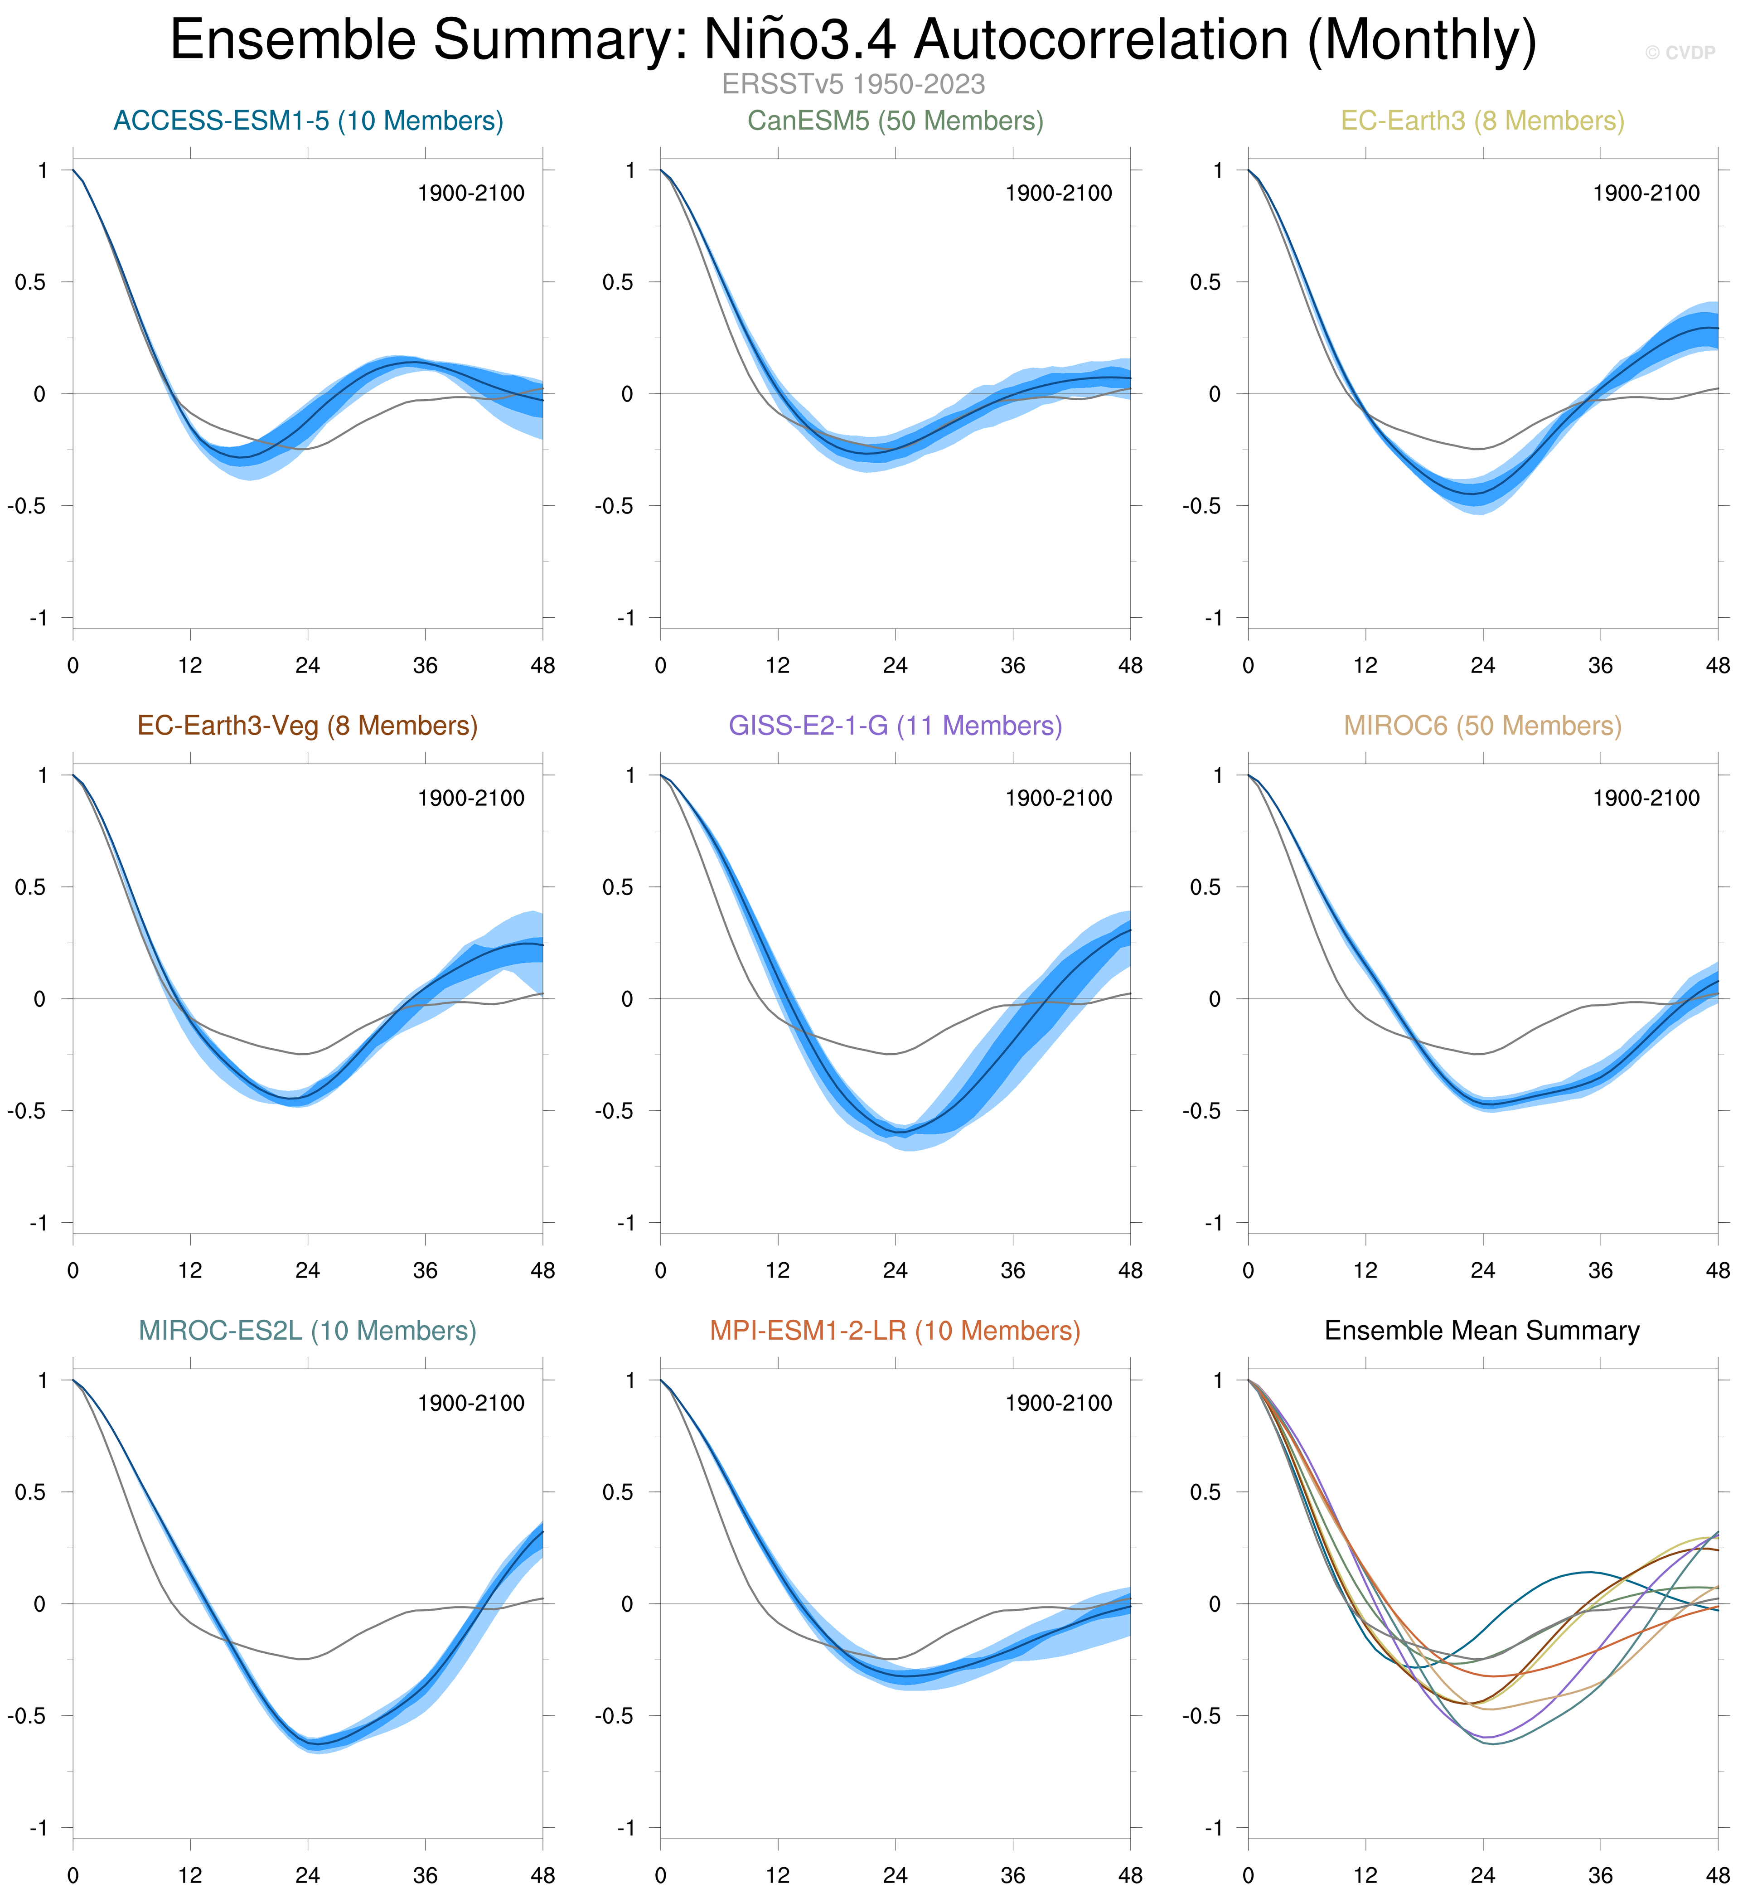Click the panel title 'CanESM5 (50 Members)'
pyautogui.click(x=896, y=121)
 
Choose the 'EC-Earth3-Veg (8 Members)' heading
pyautogui.click(x=308, y=726)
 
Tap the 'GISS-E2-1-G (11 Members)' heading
pyautogui.click(x=896, y=726)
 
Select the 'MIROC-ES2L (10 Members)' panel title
pyautogui.click(x=308, y=1330)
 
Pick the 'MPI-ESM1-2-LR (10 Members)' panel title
pyautogui.click(x=896, y=1330)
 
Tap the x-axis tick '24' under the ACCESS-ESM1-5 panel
pyautogui.click(x=308, y=666)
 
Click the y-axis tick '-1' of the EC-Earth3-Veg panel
pyautogui.click(x=38, y=1223)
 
